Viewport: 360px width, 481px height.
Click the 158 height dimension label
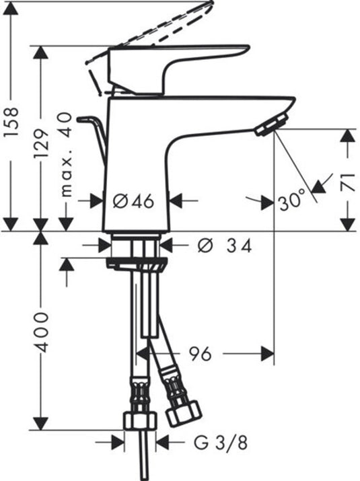[x=12, y=122]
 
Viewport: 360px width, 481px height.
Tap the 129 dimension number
[x=42, y=144]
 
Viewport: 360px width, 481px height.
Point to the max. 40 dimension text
[x=66, y=155]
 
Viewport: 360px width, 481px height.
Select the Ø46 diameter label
[x=133, y=202]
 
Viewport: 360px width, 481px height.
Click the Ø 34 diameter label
[x=225, y=246]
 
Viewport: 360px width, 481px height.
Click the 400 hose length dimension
[x=41, y=332]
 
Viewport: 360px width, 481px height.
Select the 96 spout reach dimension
[x=200, y=354]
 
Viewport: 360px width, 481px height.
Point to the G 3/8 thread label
[x=221, y=443]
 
